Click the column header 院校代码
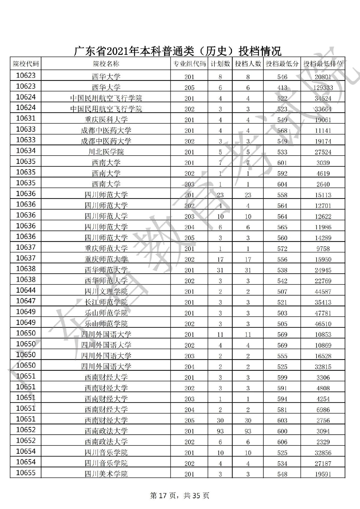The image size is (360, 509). point(26,64)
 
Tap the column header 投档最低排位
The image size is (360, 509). point(323,64)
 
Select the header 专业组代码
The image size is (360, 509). point(189,64)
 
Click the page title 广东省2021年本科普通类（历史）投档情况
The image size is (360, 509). point(178,51)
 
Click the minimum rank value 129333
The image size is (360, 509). point(323,88)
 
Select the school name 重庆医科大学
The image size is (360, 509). point(106,120)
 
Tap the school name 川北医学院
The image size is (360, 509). point(106,152)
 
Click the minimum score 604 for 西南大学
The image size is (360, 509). point(282,184)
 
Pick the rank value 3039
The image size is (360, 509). point(323,163)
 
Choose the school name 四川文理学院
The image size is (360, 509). point(106,291)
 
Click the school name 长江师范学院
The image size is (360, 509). point(106,302)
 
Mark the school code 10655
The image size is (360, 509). point(26,473)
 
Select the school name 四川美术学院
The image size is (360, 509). point(106,474)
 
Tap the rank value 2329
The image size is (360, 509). point(323,442)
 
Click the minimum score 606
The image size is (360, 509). point(282,442)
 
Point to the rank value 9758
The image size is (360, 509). point(323,249)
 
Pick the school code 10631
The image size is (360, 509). point(26,118)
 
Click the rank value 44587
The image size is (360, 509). point(323,291)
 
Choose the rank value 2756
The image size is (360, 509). point(323,420)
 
